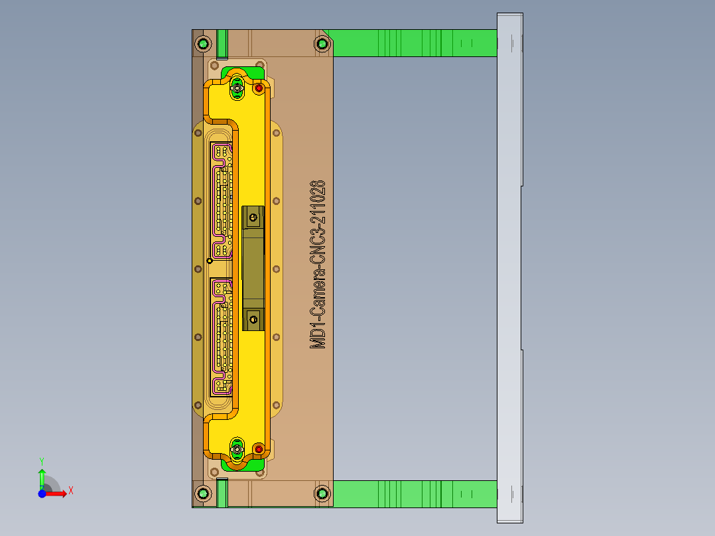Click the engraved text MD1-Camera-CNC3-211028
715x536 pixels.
(318, 264)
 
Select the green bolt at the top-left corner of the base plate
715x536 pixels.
(203, 44)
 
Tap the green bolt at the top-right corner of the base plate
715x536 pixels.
(322, 44)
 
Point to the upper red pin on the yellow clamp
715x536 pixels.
(259, 88)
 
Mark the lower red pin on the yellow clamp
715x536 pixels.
(259, 449)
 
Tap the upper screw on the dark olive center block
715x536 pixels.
(253, 216)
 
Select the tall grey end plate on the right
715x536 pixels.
(509, 265)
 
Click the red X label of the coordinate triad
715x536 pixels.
(70, 490)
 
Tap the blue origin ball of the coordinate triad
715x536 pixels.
(42, 494)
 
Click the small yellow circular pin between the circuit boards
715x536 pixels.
(210, 261)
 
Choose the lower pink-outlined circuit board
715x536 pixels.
(222, 335)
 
